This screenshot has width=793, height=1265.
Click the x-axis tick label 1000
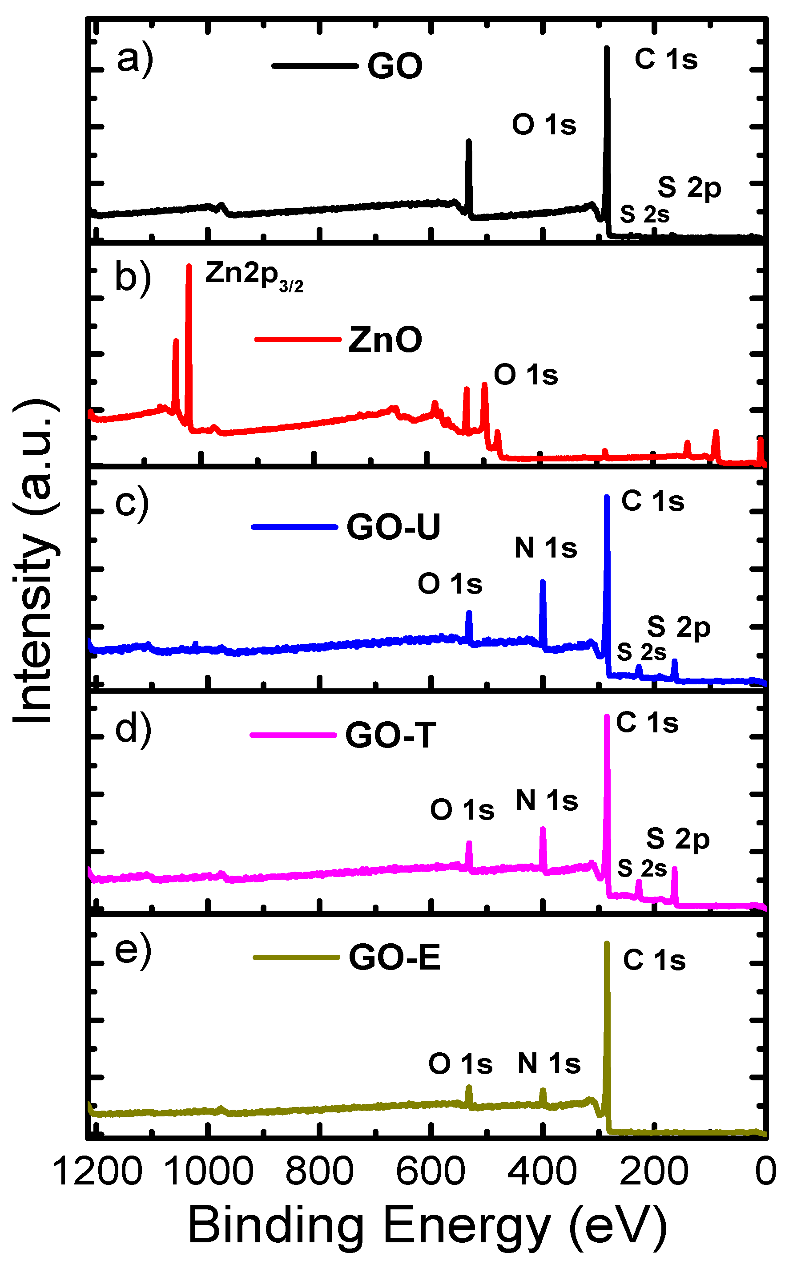[x=209, y=1171]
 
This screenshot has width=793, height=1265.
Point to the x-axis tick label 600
[x=430, y=1171]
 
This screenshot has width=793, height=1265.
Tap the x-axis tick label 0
[x=766, y=1171]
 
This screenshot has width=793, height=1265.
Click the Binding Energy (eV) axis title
[x=427, y=1225]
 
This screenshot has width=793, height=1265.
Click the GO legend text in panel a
[x=394, y=67]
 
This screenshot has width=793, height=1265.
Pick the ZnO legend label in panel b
[x=385, y=339]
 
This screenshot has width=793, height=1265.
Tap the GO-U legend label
[x=393, y=527]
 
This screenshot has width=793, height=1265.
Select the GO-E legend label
[x=394, y=958]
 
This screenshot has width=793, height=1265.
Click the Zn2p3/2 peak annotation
[x=254, y=274]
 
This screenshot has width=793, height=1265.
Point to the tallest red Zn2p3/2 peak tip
[x=189, y=267]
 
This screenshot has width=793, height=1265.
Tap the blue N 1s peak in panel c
[x=543, y=582]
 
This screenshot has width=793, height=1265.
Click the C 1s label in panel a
[x=666, y=59]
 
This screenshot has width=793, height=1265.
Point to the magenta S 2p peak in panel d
[x=674, y=869]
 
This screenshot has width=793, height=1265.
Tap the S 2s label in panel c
[x=641, y=652]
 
